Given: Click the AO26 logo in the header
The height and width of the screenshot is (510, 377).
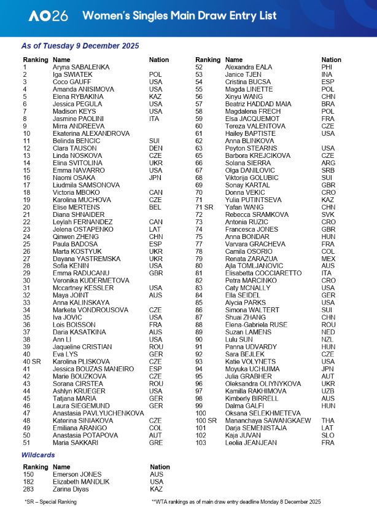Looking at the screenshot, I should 47,17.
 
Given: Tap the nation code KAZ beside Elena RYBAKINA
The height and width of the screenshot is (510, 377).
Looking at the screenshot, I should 156,96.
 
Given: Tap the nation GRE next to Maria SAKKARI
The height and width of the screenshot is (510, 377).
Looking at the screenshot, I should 156,442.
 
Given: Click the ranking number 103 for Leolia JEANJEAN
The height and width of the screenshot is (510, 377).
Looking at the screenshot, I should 201,442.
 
